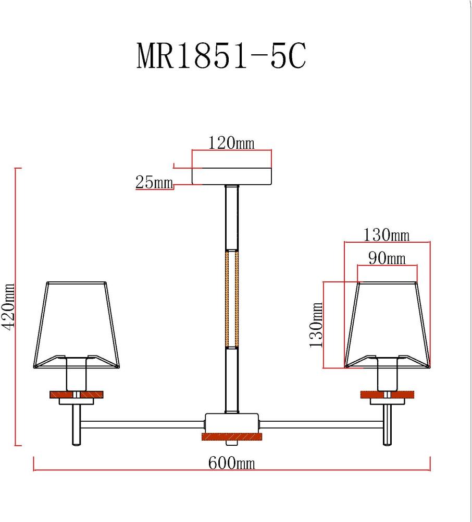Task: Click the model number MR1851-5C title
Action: (221, 56)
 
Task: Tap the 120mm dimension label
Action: (231, 143)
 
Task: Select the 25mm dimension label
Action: (154, 182)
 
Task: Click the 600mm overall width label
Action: (232, 462)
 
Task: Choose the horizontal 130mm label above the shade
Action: (387, 235)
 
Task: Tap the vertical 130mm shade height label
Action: (316, 325)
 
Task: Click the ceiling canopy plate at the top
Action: (232, 176)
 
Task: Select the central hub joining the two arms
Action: (231, 422)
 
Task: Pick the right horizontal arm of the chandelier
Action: (320, 422)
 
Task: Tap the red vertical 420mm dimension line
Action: (17, 307)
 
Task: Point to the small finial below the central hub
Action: (231, 443)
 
